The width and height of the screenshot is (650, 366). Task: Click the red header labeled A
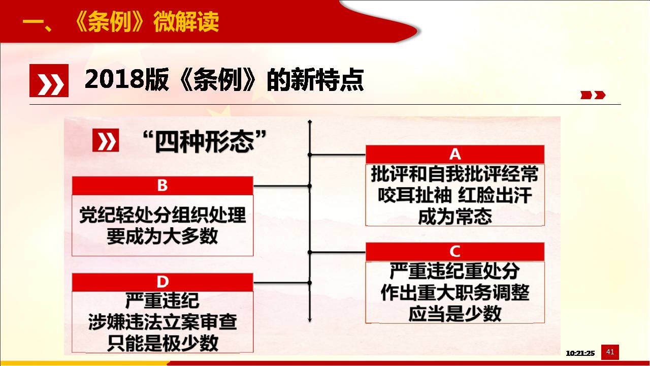pos(455,154)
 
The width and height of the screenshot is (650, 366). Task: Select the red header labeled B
pos(162,186)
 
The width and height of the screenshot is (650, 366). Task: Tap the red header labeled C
pos(455,252)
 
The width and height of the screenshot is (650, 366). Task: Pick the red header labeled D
pos(162,282)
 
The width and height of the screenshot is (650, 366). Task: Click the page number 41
pos(610,352)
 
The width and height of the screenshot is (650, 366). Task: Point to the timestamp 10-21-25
pos(580,353)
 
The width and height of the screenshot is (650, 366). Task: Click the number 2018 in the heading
pos(114,79)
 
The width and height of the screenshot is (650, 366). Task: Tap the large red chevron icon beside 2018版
pos(49,80)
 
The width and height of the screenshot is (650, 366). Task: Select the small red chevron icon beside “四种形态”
pos(106,140)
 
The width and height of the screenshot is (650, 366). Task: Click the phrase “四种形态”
pos(205,142)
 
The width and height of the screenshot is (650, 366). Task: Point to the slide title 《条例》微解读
pos(146,22)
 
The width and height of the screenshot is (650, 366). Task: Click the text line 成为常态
pos(455,217)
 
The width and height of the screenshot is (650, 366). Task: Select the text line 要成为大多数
pos(162,236)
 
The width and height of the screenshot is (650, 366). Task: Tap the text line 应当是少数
pos(455,314)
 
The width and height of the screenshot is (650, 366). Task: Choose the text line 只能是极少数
pos(162,343)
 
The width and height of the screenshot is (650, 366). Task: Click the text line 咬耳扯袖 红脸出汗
pos(455,195)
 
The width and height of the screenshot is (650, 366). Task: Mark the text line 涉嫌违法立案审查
pos(162,322)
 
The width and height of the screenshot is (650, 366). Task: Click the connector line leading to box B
pos(281,186)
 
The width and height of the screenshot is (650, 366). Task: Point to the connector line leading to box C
pos(338,252)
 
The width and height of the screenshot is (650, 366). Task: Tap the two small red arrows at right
pos(593,95)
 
